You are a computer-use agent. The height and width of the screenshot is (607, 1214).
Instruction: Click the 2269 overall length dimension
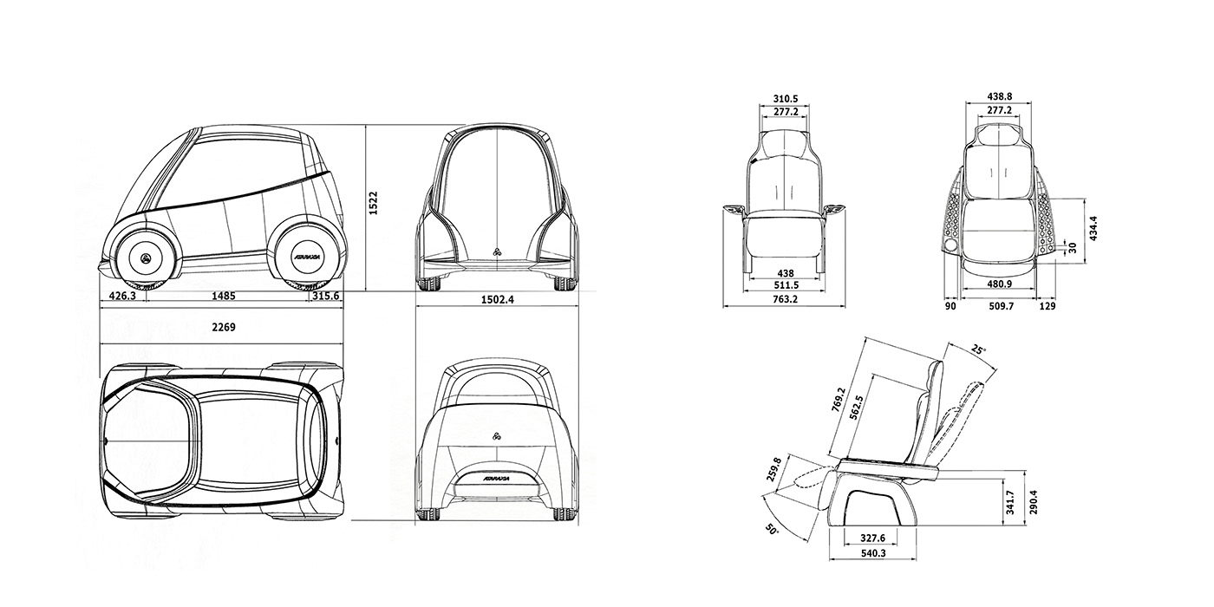coord(223,328)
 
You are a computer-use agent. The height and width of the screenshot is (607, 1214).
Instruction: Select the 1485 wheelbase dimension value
coord(223,296)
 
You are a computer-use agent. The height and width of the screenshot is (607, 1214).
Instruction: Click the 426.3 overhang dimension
coord(122,296)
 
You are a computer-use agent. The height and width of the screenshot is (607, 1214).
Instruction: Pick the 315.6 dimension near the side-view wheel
coord(325,296)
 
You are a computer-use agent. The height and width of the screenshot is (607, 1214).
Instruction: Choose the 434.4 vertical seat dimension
coord(1093,229)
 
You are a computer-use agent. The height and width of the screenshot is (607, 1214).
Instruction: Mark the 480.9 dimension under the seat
coord(999,284)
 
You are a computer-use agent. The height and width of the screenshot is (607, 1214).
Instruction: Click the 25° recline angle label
coord(978,350)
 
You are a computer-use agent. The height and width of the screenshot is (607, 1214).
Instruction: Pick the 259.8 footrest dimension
coord(774,468)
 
